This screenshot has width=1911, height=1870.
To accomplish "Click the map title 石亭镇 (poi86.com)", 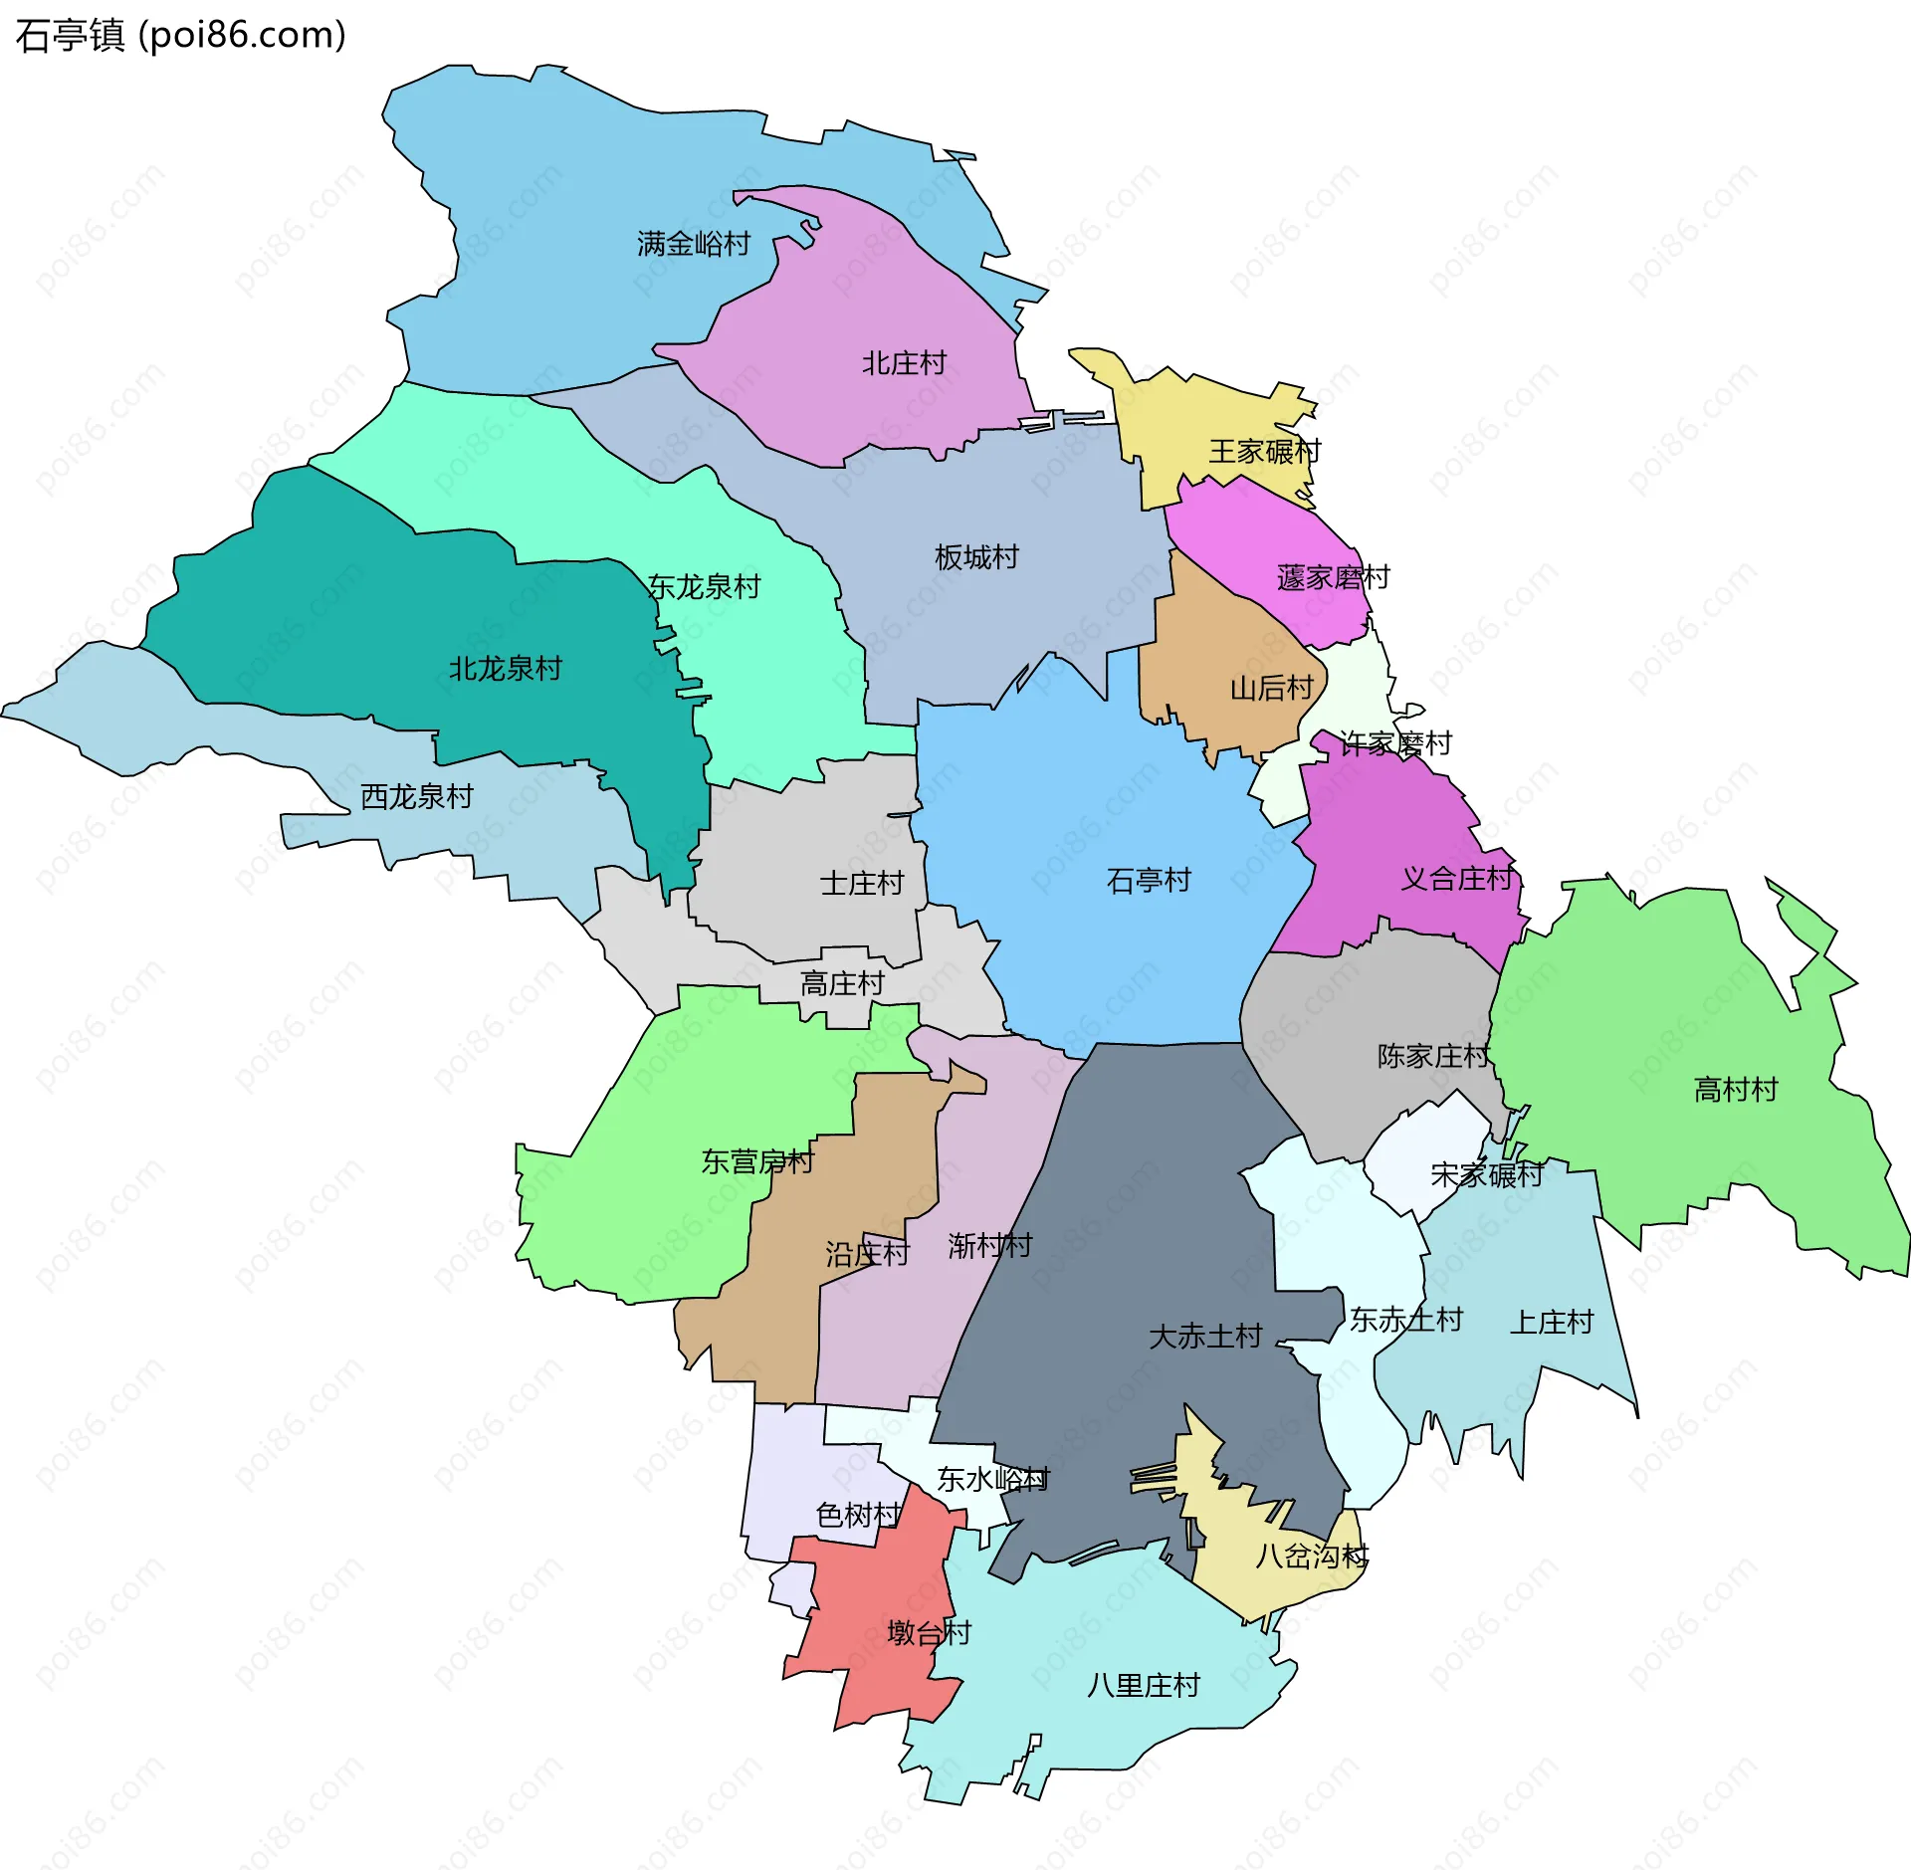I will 180,36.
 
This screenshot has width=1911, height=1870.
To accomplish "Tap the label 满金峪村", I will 694,244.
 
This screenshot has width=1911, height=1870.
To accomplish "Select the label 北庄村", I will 904,363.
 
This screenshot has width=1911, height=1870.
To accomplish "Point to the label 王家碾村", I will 1264,452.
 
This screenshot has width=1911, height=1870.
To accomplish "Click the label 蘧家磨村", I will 1333,577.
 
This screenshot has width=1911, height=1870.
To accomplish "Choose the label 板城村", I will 976,557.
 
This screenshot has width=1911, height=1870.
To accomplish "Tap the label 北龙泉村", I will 506,669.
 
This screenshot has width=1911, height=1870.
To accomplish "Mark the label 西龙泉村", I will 416,796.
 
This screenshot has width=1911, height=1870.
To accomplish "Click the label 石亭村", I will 1149,880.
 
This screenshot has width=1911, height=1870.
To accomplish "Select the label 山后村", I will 1271,688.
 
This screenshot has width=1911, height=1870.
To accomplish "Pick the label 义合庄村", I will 1457,879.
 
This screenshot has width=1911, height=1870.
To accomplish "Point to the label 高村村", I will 1736,1090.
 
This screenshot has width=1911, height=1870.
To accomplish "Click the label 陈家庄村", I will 1433,1056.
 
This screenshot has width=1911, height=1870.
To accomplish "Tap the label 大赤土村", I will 1205,1337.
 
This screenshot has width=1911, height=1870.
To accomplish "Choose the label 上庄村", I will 1552,1323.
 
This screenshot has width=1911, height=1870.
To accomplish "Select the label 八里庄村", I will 1144,1685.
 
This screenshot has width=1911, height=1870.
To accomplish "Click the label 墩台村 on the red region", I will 929,1632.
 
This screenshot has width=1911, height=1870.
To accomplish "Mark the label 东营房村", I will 757,1161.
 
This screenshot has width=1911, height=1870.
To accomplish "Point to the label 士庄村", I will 861,883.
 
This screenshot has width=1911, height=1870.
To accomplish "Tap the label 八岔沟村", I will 1312,1556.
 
